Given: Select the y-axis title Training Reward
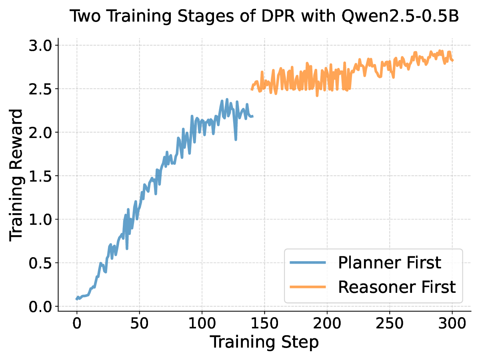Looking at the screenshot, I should tap(16, 175).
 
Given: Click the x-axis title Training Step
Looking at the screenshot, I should tap(264, 342).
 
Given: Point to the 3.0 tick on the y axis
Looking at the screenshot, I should tap(40, 45).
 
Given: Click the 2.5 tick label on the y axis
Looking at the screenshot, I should tap(40, 89).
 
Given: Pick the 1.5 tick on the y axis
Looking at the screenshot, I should tap(40, 176).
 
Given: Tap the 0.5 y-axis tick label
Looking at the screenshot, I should tap(40, 263).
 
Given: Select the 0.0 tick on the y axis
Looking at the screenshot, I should tap(40, 306).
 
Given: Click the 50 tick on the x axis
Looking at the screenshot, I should tap(139, 323).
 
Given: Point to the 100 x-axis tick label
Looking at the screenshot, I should tap(202, 323).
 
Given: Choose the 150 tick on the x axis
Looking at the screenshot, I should tap(264, 323).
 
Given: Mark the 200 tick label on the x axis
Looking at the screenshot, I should tap(327, 323).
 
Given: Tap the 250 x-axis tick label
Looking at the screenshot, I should tap(390, 323).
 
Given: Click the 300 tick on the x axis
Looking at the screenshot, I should tap(452, 323).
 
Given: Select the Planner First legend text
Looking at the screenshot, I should tap(389, 263).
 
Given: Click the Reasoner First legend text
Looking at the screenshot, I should tap(397, 287).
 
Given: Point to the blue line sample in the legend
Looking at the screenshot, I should tap(308, 263).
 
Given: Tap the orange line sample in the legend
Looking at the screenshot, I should tap(308, 287).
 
